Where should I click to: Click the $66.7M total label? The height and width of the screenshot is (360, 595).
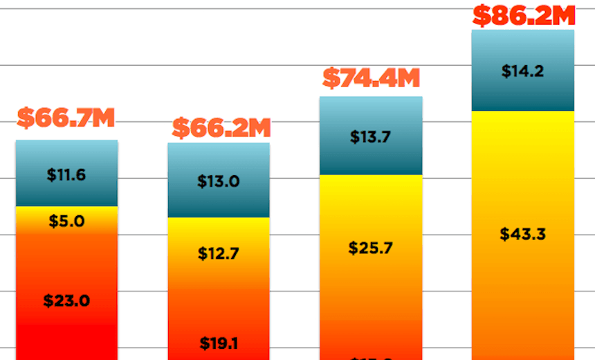click(x=66, y=118)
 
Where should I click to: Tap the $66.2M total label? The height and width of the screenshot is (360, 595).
click(x=221, y=128)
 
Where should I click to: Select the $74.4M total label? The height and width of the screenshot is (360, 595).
click(x=371, y=79)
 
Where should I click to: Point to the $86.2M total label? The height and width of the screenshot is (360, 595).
click(x=523, y=15)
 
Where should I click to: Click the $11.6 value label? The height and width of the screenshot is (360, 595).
click(x=66, y=174)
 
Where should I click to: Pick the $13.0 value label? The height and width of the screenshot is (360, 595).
click(x=219, y=182)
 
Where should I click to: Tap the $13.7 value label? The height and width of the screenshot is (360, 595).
click(x=371, y=137)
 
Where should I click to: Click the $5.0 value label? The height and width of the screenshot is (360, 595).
click(x=66, y=222)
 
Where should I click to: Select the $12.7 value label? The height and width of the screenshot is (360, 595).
click(x=219, y=253)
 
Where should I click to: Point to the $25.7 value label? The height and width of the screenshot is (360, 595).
click(x=371, y=248)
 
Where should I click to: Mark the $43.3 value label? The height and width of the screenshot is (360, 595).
click(x=523, y=234)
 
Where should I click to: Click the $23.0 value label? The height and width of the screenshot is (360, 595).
click(x=66, y=301)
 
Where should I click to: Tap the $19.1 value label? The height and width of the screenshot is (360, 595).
click(x=219, y=343)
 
